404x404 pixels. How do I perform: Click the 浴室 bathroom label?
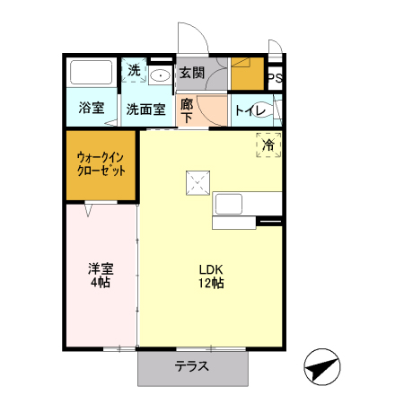pos(91,109)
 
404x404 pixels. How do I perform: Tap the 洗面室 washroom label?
pos(145,110)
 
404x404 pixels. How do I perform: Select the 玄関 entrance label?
pos(190,73)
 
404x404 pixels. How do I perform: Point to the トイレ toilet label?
pos(249,110)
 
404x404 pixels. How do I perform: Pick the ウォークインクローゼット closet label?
pos(100,164)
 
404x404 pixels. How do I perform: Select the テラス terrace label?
pos(192,366)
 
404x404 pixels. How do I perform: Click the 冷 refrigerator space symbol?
pos(268,144)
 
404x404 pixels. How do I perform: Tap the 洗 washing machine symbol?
pos(133,71)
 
